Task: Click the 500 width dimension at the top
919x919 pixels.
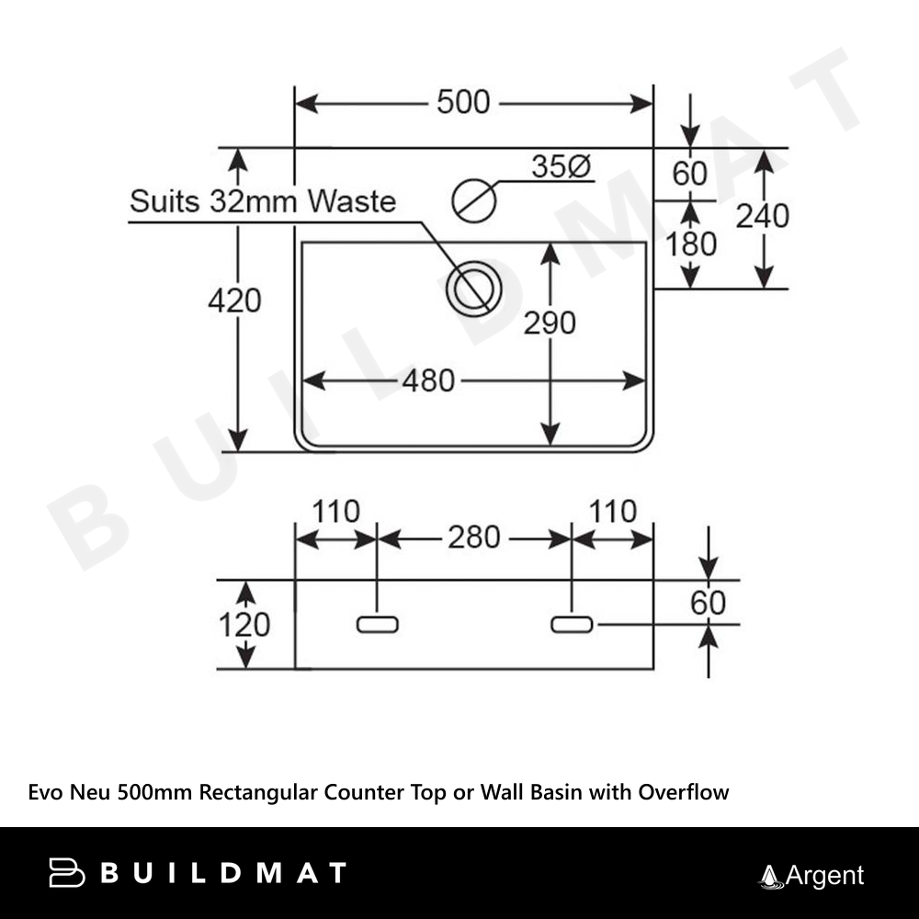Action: (x=463, y=102)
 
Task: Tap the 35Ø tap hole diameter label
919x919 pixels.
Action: (x=561, y=167)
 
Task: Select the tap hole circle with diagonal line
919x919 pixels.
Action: (x=475, y=199)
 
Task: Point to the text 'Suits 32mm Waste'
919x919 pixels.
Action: (x=263, y=201)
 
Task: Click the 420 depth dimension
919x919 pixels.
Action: (x=234, y=301)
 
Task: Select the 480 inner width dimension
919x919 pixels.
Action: (x=428, y=380)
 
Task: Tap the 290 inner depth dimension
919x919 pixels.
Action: (x=550, y=323)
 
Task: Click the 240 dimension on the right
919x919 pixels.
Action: (x=763, y=216)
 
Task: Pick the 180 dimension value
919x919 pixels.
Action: (x=690, y=244)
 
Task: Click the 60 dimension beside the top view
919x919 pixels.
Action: (x=690, y=173)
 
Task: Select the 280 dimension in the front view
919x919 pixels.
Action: (x=473, y=538)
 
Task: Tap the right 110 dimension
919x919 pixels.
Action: (x=612, y=512)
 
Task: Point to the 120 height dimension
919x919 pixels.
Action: (x=244, y=625)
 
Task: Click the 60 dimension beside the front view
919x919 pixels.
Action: (x=708, y=603)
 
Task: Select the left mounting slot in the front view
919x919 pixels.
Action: (x=377, y=625)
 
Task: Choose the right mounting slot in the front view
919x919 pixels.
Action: (x=572, y=625)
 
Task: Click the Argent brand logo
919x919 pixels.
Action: (x=811, y=876)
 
